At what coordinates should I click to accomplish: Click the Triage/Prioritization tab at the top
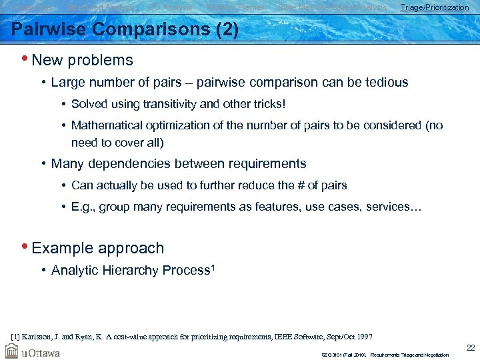click(434, 7)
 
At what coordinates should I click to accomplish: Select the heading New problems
click(82, 60)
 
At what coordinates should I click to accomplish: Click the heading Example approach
click(97, 248)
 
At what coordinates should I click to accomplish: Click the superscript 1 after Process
click(214, 267)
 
